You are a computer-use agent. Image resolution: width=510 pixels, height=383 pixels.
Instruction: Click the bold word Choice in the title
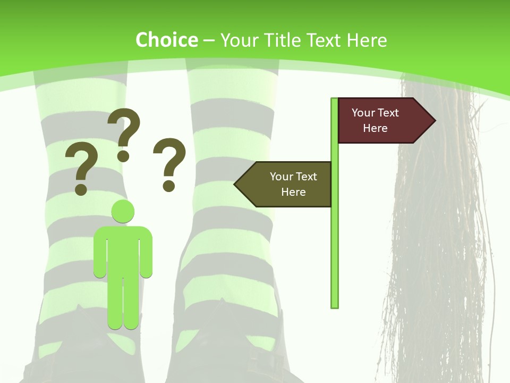(x=166, y=40)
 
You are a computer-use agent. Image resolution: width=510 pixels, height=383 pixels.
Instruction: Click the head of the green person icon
(x=123, y=211)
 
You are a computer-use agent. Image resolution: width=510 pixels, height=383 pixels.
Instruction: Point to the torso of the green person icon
(x=123, y=250)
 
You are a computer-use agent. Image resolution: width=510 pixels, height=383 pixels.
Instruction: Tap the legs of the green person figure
(x=123, y=303)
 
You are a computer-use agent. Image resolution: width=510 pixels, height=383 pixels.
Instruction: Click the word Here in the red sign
(x=375, y=128)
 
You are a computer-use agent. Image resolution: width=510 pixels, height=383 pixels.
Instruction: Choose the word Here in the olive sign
(x=293, y=192)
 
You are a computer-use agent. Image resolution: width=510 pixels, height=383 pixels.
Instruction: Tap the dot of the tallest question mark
(x=124, y=156)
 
